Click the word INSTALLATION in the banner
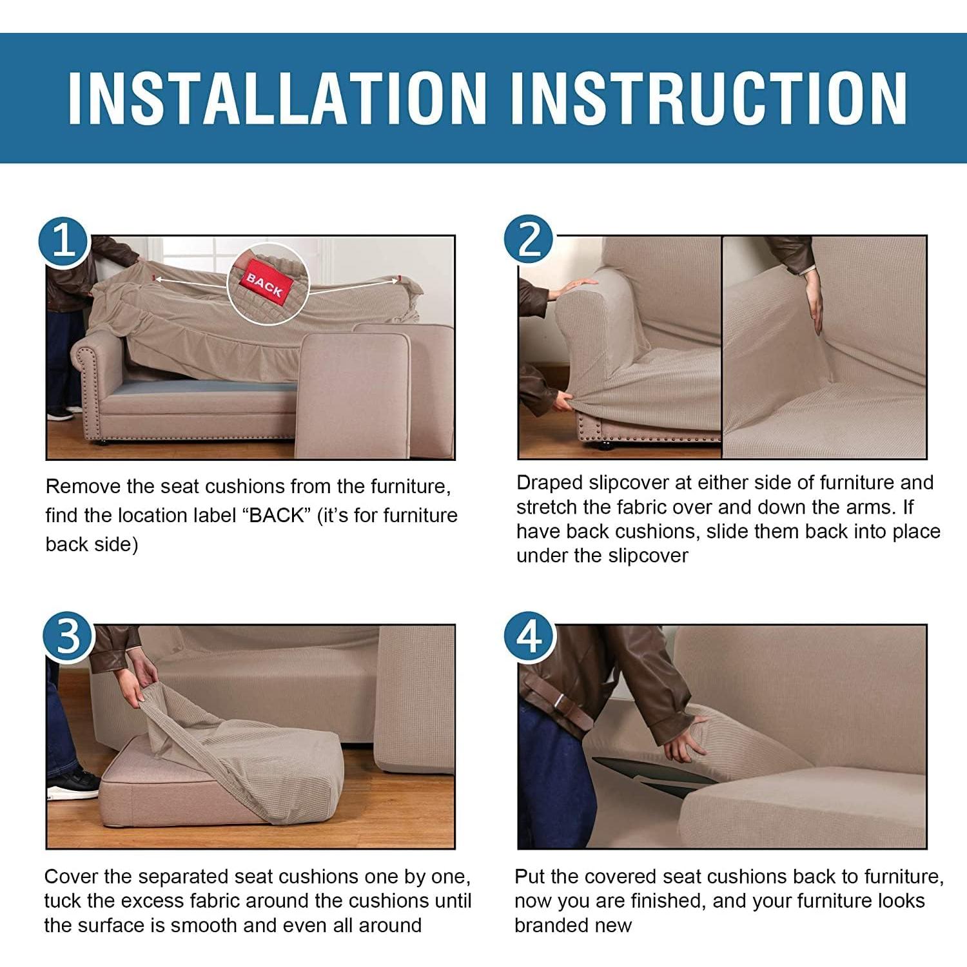click(277, 98)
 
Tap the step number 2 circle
click(529, 239)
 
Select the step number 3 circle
click(68, 636)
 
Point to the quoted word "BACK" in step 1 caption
click(277, 515)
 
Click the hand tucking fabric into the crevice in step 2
click(816, 306)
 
